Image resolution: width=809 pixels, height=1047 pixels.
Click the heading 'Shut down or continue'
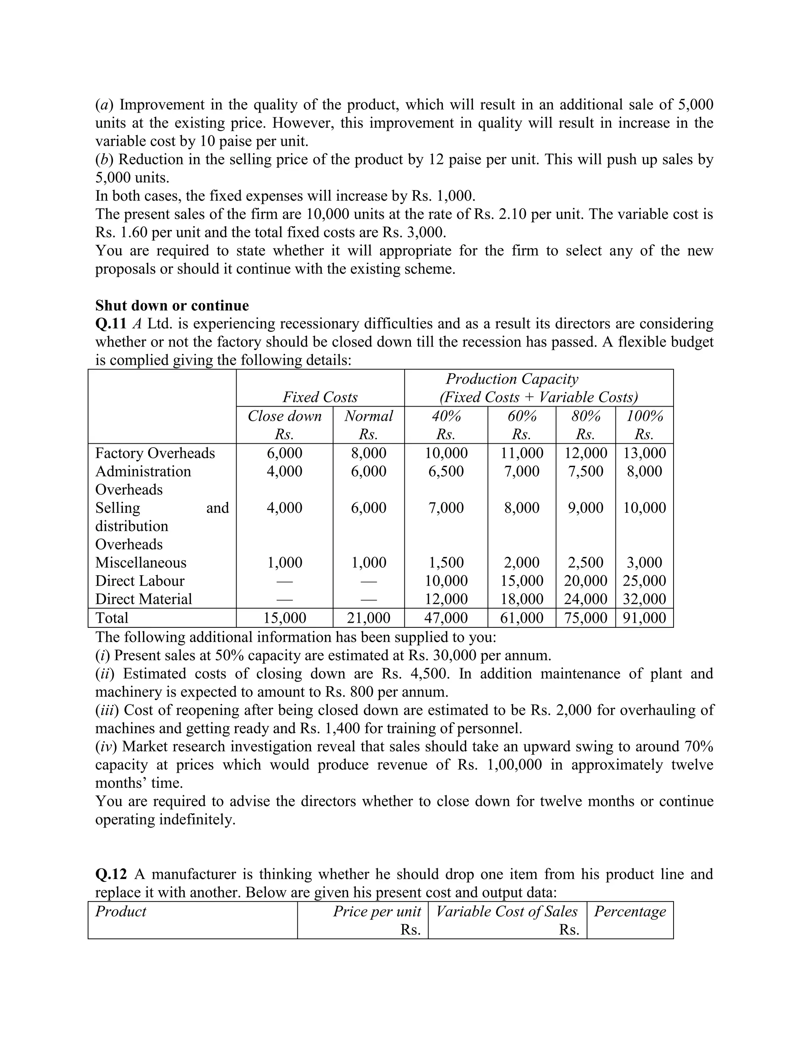[172, 305]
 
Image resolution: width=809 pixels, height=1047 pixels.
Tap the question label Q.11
[111, 324]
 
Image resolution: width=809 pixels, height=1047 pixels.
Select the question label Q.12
[111, 874]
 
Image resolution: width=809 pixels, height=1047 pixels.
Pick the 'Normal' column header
[368, 416]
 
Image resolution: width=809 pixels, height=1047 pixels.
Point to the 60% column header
[521, 416]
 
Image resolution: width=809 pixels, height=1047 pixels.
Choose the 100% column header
[645, 416]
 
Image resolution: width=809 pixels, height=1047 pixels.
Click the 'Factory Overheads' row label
[155, 453]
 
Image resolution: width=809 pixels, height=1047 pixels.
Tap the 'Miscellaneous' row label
[140, 562]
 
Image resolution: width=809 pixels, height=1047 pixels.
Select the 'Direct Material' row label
[143, 599]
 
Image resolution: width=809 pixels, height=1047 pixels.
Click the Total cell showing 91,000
[645, 618]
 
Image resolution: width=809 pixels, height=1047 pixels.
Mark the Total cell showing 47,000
[446, 618]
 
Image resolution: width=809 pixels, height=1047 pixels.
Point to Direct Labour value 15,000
[522, 580]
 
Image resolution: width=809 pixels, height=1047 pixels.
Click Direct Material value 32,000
[645, 599]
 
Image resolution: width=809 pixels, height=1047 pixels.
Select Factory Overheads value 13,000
[645, 453]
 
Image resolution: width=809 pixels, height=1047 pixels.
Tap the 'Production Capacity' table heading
[512, 379]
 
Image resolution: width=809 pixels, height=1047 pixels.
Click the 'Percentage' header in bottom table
[630, 911]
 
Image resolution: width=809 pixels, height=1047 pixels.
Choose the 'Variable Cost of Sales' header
[506, 911]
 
